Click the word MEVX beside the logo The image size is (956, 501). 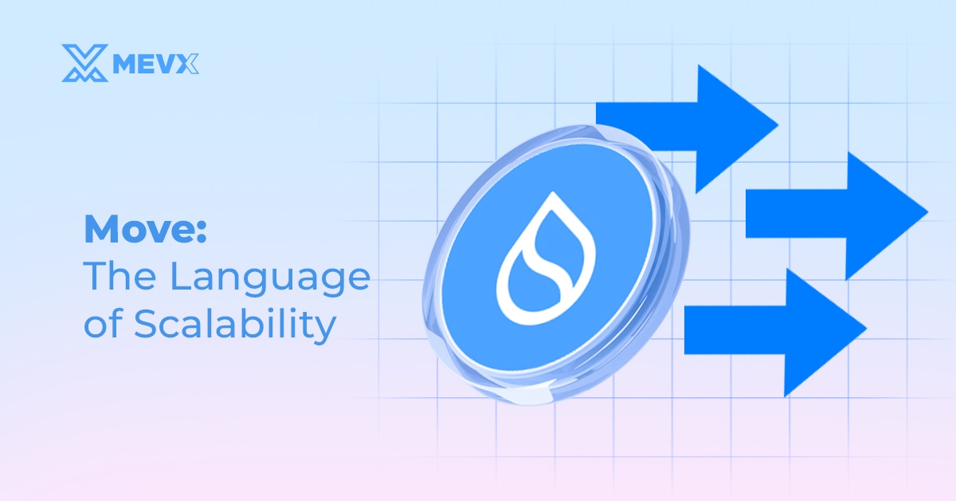point(155,64)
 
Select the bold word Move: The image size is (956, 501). point(146,231)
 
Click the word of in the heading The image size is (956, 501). point(100,325)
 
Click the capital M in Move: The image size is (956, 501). point(100,231)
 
